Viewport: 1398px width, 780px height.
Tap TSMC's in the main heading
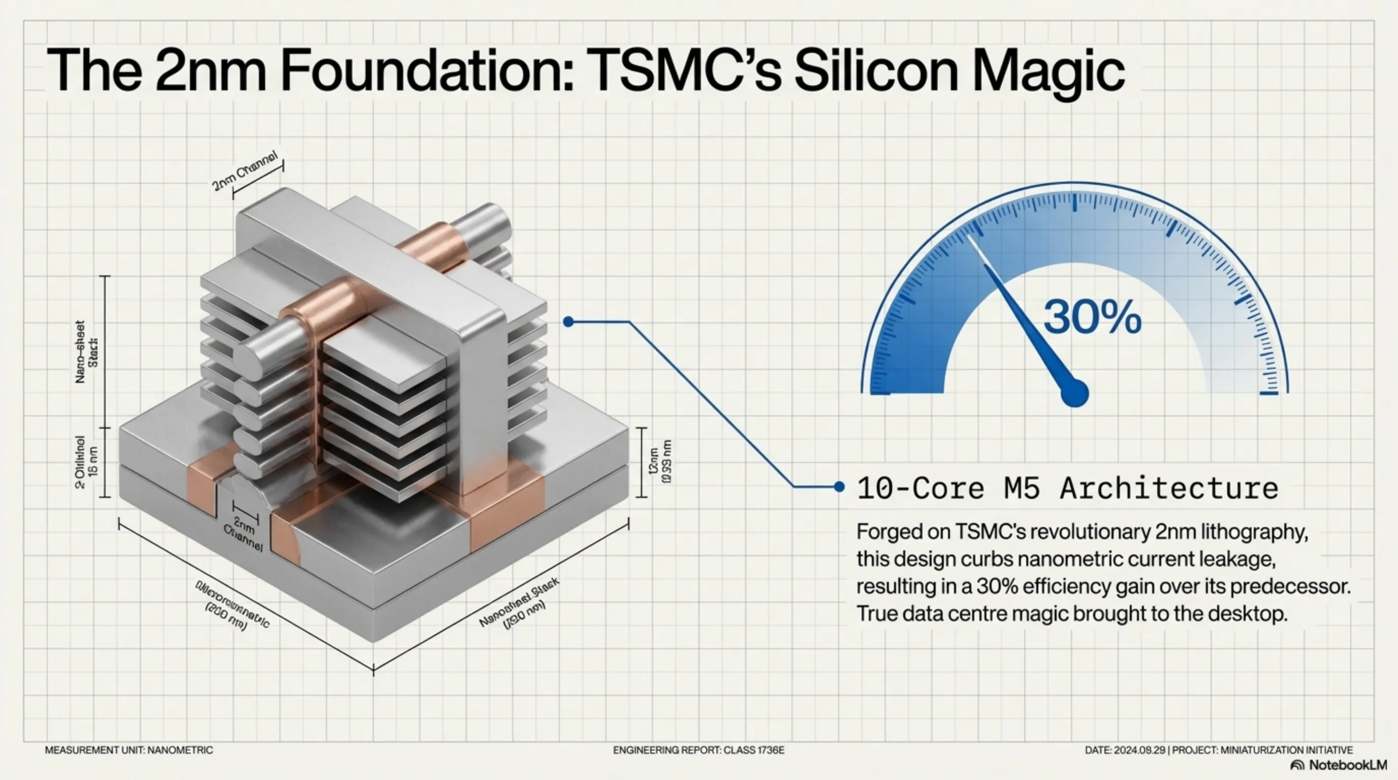[x=682, y=71]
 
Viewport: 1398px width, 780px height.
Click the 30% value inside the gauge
[x=1092, y=317]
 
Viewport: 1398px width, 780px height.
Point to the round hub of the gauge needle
[x=1074, y=393]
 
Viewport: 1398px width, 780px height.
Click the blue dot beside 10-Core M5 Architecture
[x=839, y=486]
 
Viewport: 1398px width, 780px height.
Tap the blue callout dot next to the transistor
[x=568, y=322]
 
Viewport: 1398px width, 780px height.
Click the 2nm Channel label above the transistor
[x=245, y=171]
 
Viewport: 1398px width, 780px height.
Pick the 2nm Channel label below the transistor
[x=244, y=535]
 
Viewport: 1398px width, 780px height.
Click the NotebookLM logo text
[x=1347, y=765]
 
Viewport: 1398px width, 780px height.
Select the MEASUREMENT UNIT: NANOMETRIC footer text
[x=129, y=750]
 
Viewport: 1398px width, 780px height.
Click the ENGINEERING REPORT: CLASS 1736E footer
[x=698, y=750]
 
